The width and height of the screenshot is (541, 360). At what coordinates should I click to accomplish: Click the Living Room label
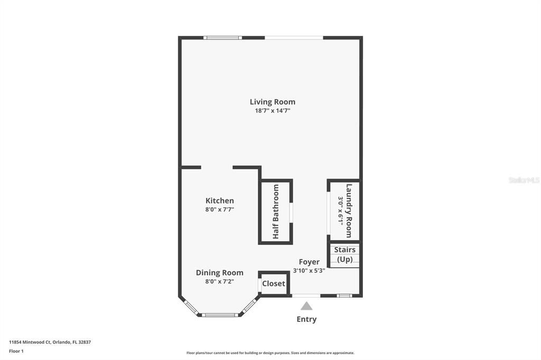coord(273,102)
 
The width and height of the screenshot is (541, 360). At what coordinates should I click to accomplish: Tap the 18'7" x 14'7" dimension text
coord(273,111)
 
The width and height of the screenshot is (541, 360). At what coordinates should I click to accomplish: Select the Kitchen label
coord(220,201)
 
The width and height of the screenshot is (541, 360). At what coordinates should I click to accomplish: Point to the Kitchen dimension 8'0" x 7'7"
coord(220,210)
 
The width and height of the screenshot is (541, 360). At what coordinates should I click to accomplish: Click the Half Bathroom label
coord(276,212)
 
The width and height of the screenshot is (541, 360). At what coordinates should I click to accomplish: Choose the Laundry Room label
coord(349,210)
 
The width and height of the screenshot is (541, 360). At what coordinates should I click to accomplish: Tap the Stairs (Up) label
coord(344,254)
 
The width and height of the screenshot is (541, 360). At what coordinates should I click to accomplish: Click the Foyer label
coord(309,262)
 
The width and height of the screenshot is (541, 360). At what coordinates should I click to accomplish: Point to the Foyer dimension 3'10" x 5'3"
coord(309,271)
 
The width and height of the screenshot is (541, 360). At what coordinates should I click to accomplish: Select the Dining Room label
coord(220,273)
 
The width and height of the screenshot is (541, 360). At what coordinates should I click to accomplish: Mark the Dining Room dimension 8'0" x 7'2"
coord(220,282)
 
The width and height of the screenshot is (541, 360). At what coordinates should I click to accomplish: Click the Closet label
coord(274,283)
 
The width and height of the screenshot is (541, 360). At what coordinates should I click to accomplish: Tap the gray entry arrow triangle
coord(306,306)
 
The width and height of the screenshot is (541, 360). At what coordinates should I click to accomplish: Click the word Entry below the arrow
coord(306,319)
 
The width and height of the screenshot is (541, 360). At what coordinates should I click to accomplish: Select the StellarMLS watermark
coord(524,180)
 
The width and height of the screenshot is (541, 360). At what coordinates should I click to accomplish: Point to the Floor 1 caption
coord(16,350)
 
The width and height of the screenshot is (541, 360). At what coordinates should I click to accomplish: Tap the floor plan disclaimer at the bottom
coord(270,353)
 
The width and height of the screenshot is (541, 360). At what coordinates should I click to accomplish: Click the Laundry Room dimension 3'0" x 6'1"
coord(341,210)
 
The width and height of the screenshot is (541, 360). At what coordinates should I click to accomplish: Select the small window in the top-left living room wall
coord(223,37)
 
